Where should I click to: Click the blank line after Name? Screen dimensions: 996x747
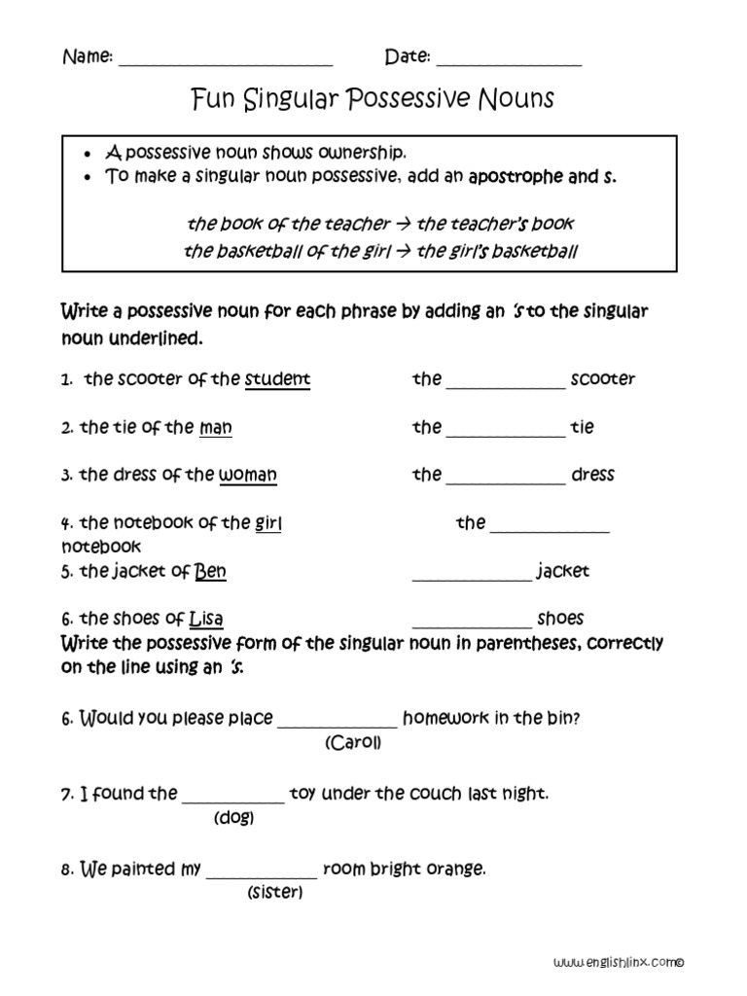tap(225, 61)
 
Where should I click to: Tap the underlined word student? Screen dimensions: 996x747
tap(277, 379)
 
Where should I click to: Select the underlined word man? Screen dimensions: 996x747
tap(215, 427)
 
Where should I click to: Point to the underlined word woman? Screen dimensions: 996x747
tap(247, 475)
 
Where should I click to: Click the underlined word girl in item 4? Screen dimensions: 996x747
tap(267, 523)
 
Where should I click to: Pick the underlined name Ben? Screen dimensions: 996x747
tap(210, 571)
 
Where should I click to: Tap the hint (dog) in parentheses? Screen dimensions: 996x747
tap(233, 818)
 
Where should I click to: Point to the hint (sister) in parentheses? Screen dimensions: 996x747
tap(274, 892)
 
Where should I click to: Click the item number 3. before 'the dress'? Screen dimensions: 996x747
tap(67, 476)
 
